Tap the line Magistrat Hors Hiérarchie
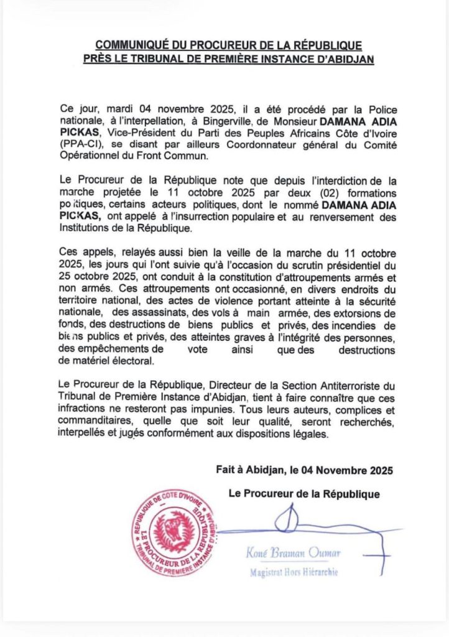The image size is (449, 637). click(294, 572)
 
